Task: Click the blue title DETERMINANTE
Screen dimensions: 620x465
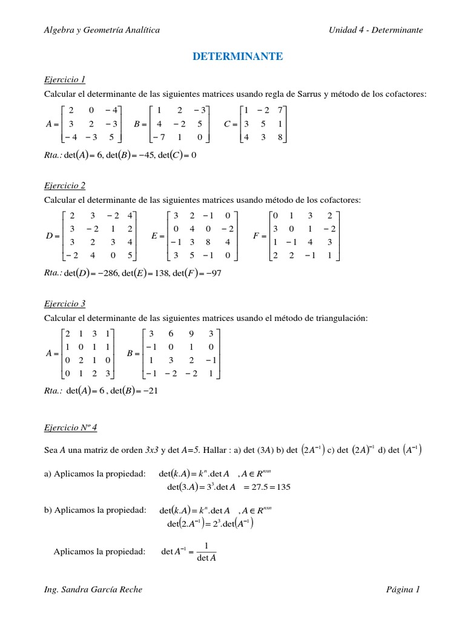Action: click(x=237, y=56)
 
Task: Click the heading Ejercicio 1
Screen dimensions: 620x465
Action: click(x=65, y=79)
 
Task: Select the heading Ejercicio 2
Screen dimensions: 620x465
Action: click(x=65, y=185)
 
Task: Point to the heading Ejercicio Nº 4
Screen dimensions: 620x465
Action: click(x=70, y=427)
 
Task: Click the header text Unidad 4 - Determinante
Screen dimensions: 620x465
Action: click(x=375, y=30)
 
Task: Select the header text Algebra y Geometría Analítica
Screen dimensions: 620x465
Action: click(x=102, y=30)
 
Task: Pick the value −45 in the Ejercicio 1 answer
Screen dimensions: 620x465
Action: click(x=132, y=154)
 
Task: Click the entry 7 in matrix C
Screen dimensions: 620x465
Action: click(x=280, y=110)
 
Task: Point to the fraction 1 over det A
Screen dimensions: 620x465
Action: click(x=206, y=552)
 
